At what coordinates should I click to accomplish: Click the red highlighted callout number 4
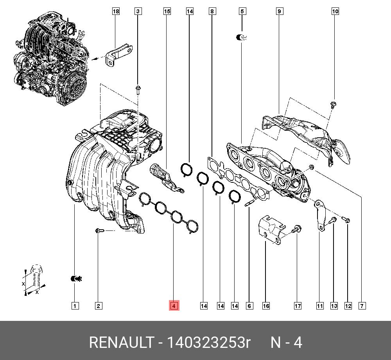[174, 306]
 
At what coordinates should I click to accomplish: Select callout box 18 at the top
[116, 12]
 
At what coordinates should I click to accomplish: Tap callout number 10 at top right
[335, 12]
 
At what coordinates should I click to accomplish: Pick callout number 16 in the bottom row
[266, 306]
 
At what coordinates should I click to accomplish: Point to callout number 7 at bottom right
[362, 306]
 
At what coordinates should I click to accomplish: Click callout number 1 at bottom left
[75, 306]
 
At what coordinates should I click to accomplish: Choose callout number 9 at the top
[279, 12]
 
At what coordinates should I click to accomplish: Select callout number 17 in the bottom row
[298, 306]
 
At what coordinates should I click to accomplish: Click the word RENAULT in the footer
[121, 343]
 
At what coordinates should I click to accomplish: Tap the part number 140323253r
[209, 343]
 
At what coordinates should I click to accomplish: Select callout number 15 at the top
[167, 12]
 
